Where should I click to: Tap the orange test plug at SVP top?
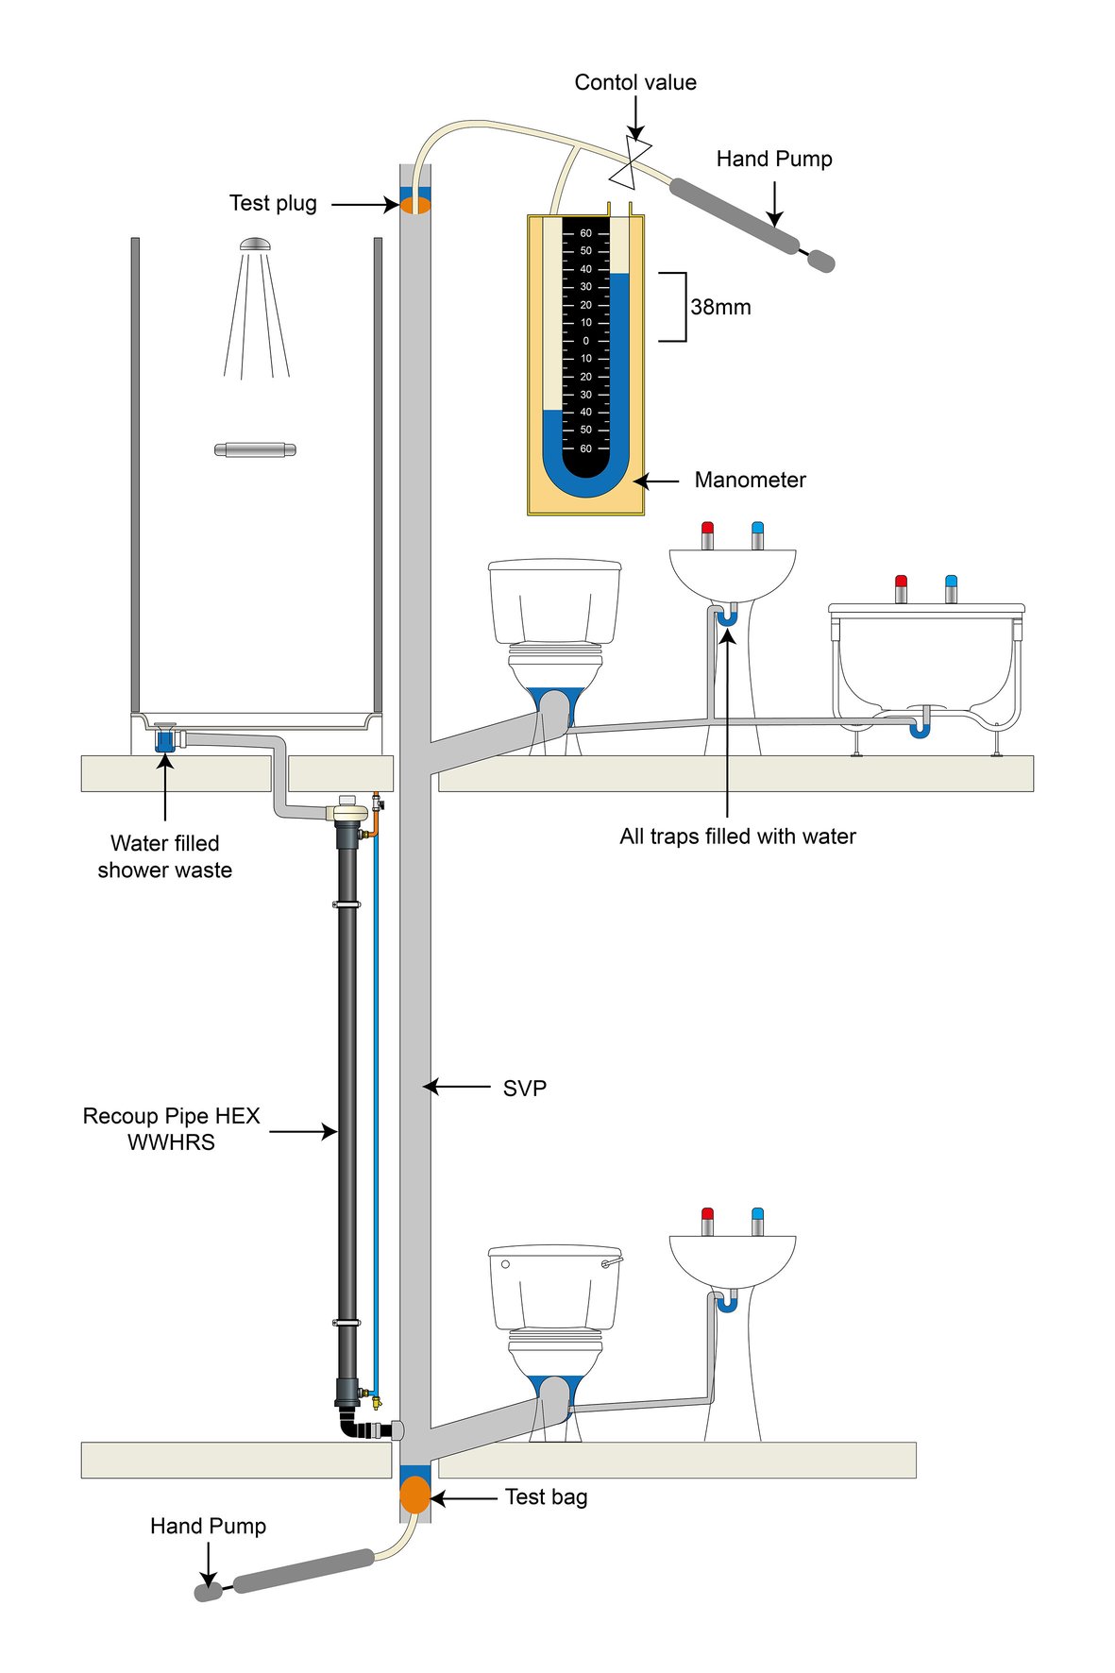point(415,204)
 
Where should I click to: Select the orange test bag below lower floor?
point(415,1496)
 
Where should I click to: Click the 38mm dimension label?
point(720,307)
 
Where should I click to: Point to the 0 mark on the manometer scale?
point(585,341)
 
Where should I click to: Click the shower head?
point(255,245)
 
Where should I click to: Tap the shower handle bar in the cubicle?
point(255,449)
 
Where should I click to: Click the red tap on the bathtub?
point(901,587)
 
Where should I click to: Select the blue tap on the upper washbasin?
point(757,533)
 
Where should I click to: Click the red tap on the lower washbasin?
point(707,1220)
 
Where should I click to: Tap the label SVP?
point(524,1088)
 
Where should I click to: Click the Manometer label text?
point(750,480)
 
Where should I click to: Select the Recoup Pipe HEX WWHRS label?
point(171,1129)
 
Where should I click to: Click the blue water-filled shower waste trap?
point(164,739)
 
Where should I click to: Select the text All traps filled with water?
point(737,836)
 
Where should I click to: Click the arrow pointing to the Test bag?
point(463,1497)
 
